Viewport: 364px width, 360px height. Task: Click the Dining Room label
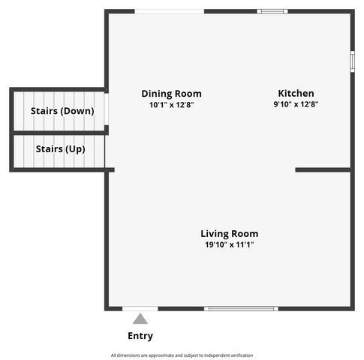[171, 94]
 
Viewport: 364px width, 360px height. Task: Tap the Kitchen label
[296, 94]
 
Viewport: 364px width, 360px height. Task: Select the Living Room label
[229, 234]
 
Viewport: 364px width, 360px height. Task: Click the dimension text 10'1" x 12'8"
[171, 105]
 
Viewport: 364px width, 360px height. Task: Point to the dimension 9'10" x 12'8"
[296, 105]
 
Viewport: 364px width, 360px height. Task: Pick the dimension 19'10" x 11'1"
[229, 245]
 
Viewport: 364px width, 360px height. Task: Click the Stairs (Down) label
[62, 111]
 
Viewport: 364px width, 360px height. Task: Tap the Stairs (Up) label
[60, 149]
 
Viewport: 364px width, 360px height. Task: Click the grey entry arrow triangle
[140, 319]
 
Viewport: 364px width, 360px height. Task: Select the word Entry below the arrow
[140, 336]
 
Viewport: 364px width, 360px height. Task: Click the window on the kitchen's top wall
[272, 11]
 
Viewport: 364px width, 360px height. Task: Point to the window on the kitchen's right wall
[352, 61]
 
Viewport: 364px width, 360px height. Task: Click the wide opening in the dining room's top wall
[169, 11]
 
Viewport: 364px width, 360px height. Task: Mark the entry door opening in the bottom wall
[140, 308]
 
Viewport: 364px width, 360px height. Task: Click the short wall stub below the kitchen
[323, 170]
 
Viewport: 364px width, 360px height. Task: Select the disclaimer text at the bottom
[182, 355]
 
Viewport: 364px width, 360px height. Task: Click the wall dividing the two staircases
[59, 132]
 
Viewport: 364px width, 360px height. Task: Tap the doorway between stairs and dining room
[107, 109]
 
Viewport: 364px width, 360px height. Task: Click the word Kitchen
[296, 94]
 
